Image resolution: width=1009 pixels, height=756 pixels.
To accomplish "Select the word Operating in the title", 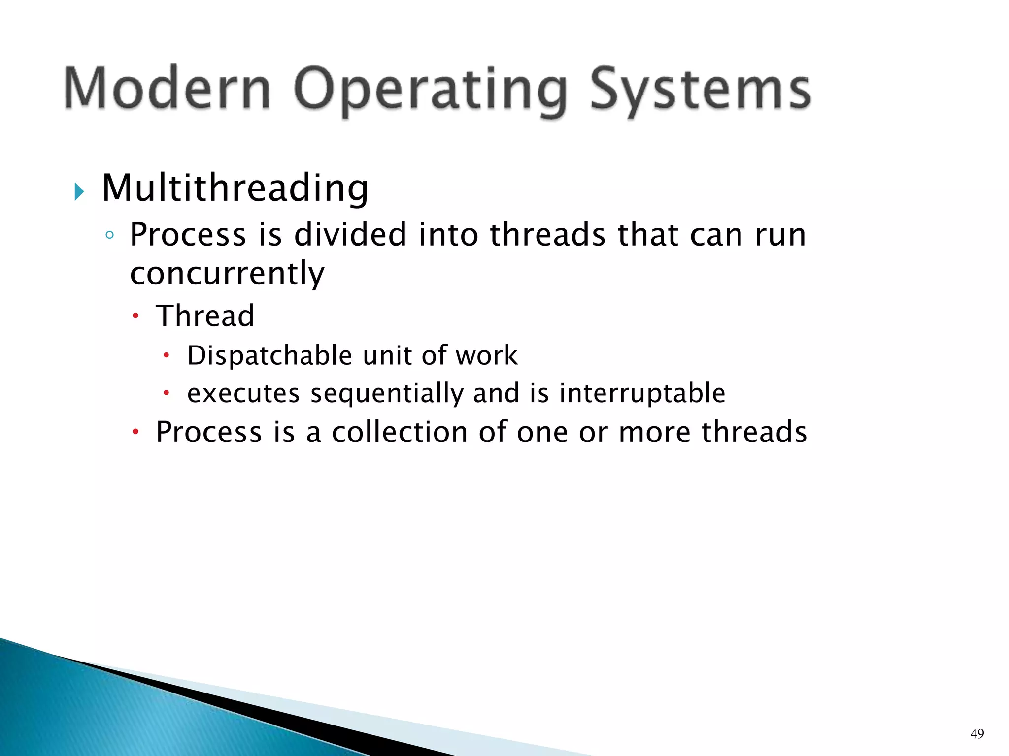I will click(430, 91).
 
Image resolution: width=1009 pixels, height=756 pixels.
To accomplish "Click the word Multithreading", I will click(235, 189).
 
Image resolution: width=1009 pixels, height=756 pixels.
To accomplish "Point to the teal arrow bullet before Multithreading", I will click(79, 191).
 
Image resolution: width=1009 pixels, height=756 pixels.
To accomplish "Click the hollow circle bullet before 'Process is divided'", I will click(109, 235).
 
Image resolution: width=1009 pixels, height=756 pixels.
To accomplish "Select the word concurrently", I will click(227, 274).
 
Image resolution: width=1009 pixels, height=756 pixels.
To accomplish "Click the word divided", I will click(350, 234).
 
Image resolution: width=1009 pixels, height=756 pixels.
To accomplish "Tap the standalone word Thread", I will click(205, 315).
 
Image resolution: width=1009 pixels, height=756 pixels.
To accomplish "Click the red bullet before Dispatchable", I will click(167, 355).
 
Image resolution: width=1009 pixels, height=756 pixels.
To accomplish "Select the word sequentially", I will click(387, 393).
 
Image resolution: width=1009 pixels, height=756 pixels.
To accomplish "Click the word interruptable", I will click(642, 393).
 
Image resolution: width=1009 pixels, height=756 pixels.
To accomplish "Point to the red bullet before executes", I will click(167, 393).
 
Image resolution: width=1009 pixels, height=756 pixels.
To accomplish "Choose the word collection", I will click(399, 432).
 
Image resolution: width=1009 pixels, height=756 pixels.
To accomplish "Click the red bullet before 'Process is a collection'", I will click(136, 432).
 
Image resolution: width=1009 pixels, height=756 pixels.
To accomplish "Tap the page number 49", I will click(977, 734).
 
